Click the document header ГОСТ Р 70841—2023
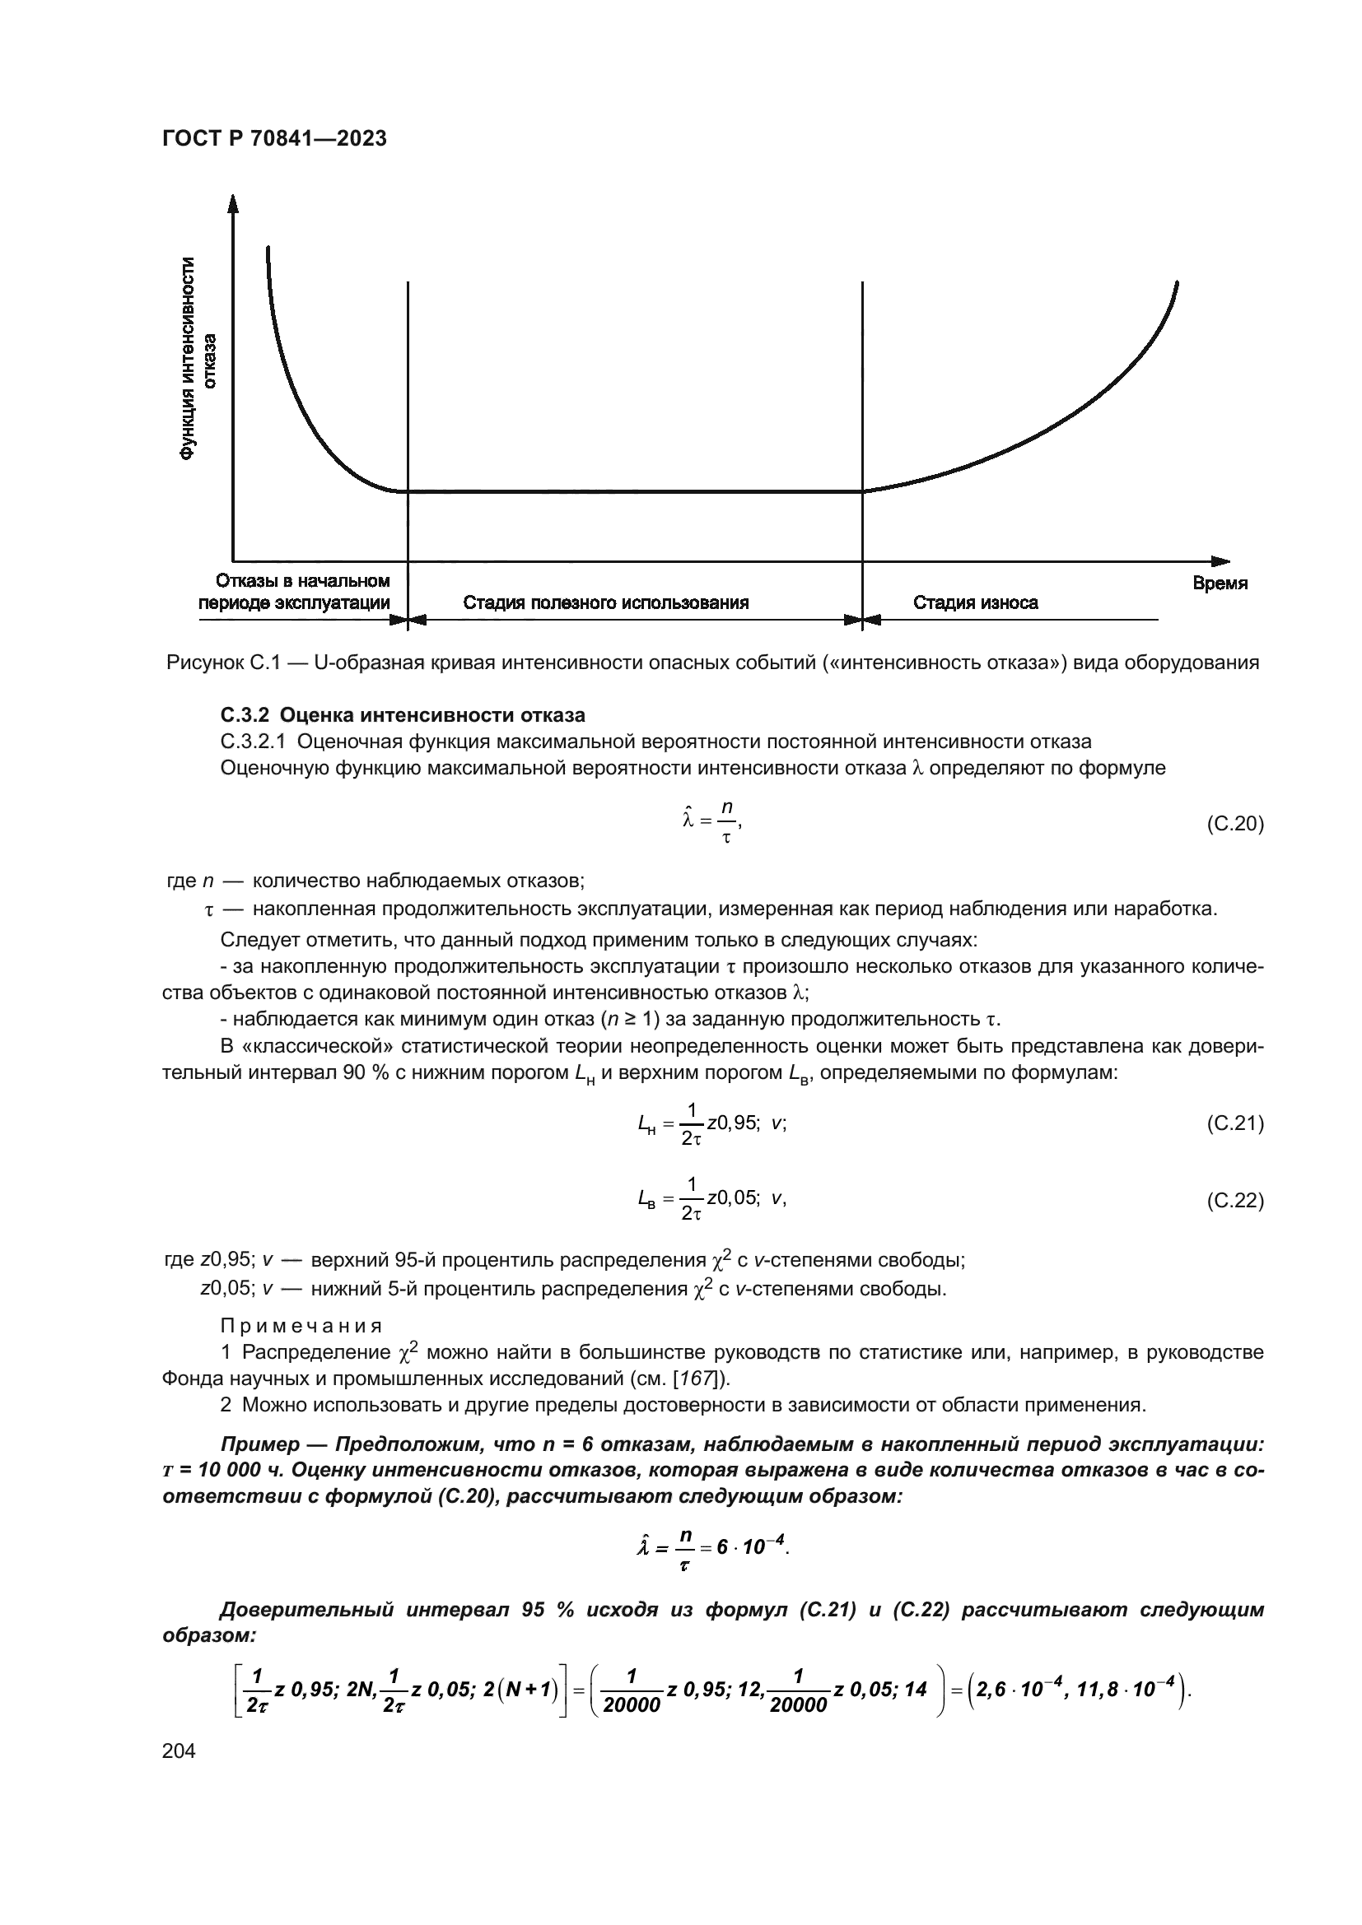274,139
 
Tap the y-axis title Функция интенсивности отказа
197,359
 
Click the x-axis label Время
1220,584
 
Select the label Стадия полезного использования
605,602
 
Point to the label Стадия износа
974,602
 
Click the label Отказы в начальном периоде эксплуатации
294,592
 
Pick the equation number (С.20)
1234,824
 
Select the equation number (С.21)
1234,1123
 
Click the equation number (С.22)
1234,1201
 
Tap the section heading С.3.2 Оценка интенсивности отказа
403,715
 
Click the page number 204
179,1751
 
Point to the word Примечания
301,1326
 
